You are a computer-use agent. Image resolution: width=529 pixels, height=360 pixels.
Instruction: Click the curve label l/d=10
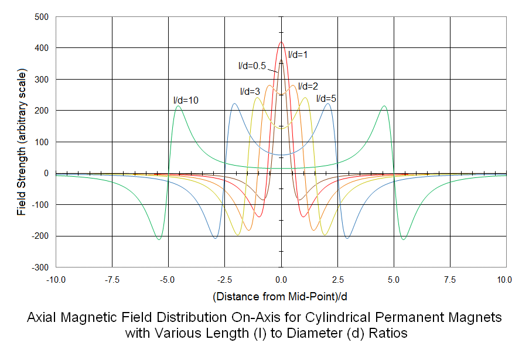186,100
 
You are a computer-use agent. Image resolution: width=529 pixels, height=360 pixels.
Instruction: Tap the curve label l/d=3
250,91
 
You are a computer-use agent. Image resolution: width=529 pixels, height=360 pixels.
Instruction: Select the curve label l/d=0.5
251,66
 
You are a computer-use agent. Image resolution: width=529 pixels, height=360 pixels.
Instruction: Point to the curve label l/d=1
298,54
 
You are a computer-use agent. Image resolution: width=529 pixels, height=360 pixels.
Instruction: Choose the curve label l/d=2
308,86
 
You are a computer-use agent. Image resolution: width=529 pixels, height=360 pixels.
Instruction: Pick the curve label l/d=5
326,98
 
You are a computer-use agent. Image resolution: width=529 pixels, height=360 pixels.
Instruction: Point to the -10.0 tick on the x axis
56,279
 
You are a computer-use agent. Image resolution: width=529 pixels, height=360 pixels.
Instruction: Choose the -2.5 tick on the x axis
225,279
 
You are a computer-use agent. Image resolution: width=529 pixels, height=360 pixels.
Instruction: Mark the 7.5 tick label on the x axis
450,279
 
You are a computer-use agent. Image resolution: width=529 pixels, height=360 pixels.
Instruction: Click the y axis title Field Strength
22,142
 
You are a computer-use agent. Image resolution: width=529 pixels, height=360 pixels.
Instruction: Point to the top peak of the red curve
281,42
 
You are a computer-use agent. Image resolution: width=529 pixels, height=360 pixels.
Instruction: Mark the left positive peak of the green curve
178,106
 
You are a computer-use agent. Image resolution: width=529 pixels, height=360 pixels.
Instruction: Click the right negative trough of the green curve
403,239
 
